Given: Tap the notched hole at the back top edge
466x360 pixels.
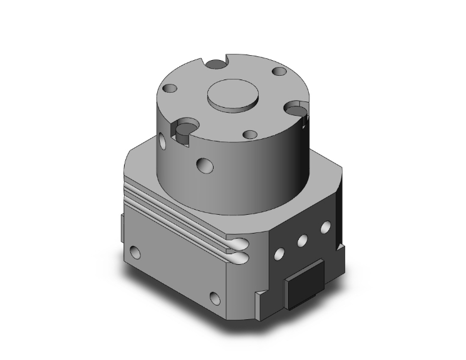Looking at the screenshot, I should (216, 63).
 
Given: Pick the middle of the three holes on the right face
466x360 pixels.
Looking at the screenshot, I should (302, 239).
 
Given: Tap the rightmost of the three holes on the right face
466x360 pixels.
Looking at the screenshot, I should (324, 226).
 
